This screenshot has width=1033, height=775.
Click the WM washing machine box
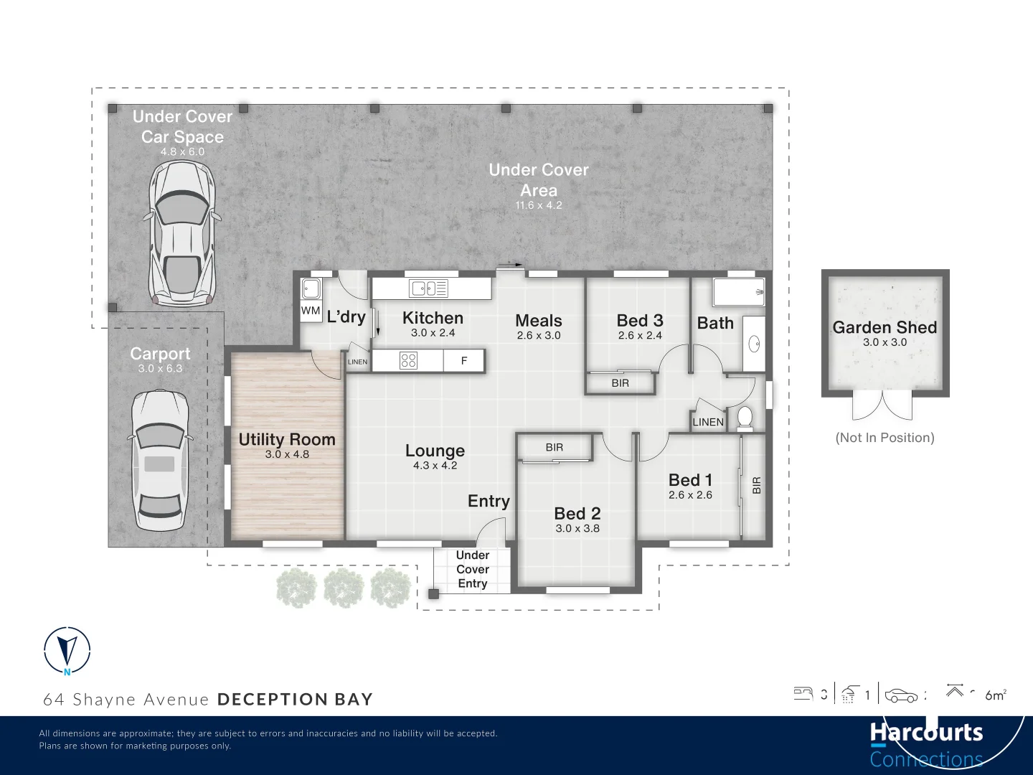311,311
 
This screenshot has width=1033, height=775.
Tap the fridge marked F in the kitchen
463,361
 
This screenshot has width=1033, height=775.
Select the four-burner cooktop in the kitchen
408,360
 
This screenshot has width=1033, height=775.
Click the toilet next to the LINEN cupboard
745,418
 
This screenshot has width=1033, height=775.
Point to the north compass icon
67,651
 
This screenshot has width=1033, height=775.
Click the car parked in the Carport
159,460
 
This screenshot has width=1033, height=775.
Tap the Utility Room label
287,439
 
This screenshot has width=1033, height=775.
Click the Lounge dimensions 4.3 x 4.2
435,466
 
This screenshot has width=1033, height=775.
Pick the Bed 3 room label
640,321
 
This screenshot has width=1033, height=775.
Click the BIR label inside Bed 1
756,486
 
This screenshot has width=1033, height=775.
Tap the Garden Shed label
885,327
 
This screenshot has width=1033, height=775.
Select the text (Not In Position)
885,438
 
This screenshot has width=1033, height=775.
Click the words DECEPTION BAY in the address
295,700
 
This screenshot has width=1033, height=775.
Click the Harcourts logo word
926,733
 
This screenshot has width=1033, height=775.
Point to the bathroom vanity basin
754,344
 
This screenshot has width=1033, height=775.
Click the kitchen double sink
428,288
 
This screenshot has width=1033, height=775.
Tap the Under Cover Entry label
473,569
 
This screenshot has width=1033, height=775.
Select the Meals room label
539,321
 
